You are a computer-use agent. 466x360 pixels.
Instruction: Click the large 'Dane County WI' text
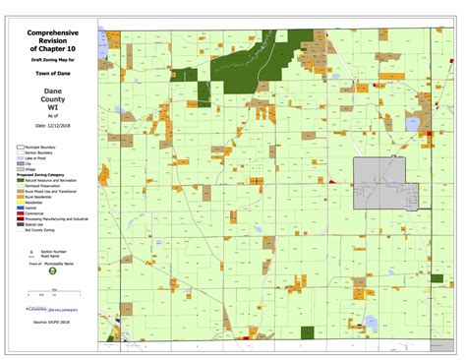[49, 99]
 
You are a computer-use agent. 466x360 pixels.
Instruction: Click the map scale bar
[51, 291]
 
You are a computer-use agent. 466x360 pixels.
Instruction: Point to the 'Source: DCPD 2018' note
[51, 322]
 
